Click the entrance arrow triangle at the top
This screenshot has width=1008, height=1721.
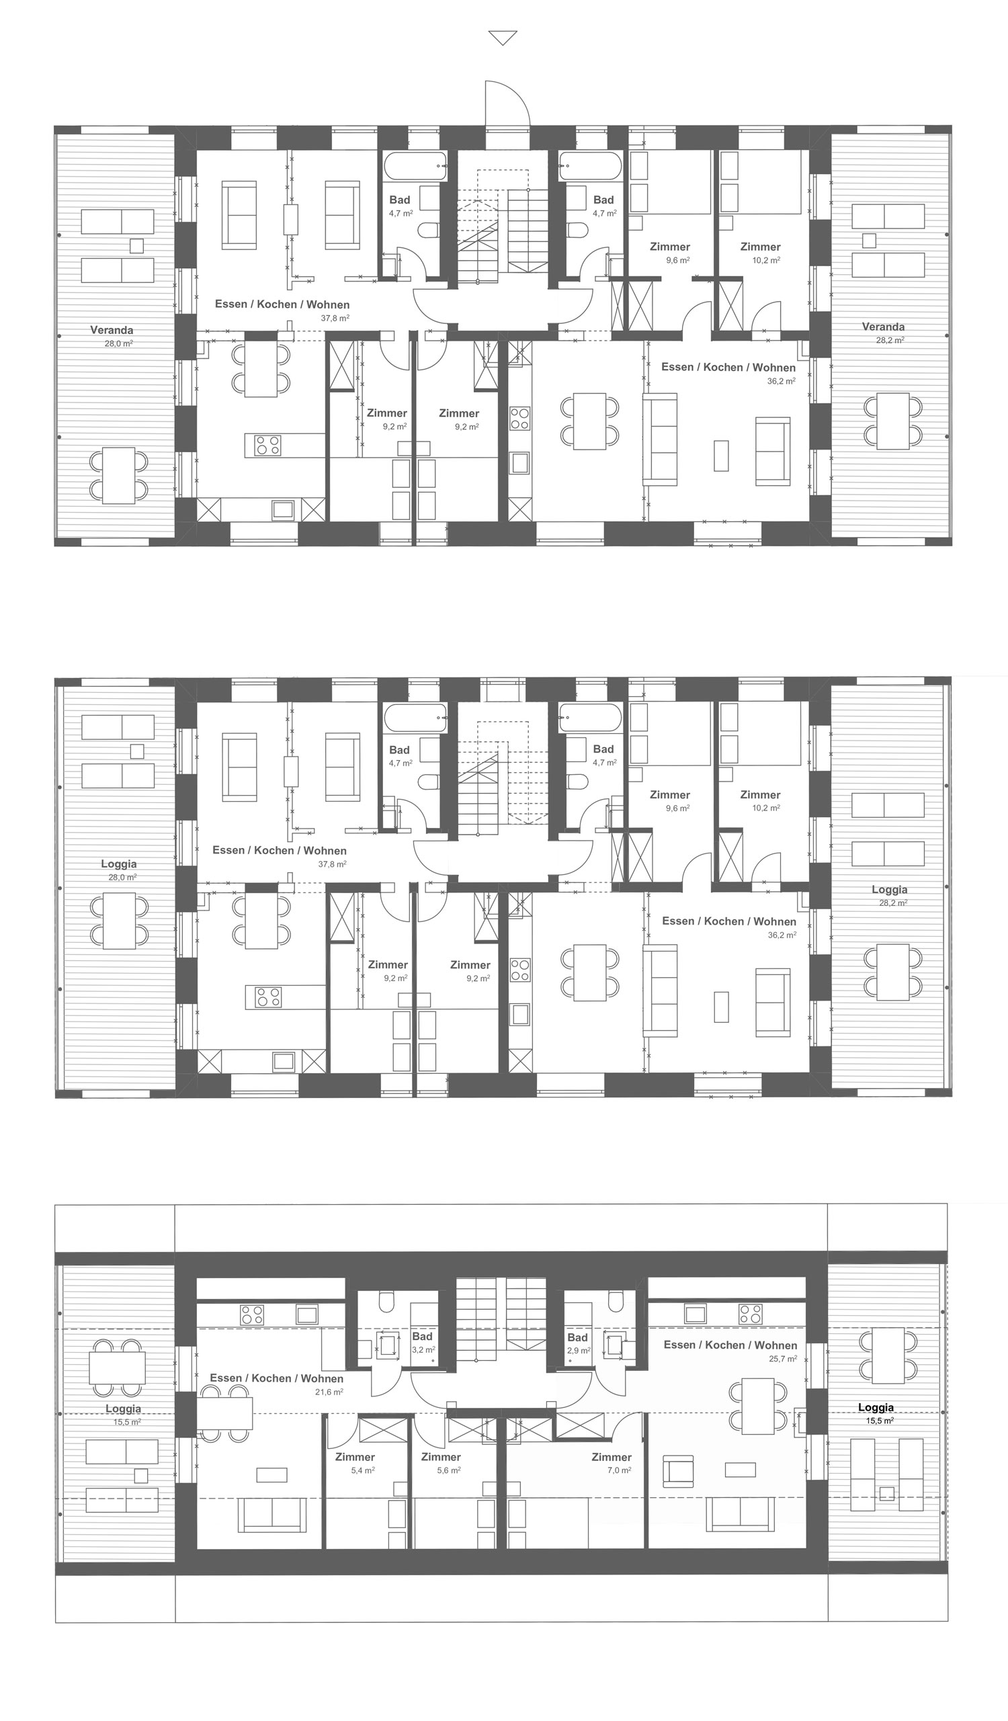coord(503,38)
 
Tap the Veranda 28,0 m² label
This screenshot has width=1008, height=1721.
coord(112,336)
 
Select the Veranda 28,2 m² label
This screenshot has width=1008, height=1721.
coord(883,333)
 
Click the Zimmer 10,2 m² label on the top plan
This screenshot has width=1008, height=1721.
coord(760,253)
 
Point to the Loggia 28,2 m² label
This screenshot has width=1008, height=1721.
coord(889,895)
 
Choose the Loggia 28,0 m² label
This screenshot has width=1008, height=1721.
coord(119,870)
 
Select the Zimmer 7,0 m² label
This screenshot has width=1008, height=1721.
coord(612,1463)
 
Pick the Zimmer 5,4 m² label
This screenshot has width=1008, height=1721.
coord(355,1463)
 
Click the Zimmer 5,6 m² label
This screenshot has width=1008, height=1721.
coord(442,1463)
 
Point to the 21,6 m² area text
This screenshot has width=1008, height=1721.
coord(329,1392)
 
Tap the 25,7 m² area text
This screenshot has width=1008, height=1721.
coord(783,1359)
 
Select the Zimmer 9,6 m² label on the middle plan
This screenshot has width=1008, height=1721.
coord(670,800)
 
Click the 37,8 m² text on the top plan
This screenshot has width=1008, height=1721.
coord(335,318)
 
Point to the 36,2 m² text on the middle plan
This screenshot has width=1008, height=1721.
coord(782,934)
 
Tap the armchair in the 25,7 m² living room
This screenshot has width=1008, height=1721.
coord(678,1470)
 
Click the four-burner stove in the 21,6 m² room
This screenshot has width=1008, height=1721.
coord(252,1314)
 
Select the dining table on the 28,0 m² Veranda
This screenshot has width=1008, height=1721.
coord(119,475)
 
